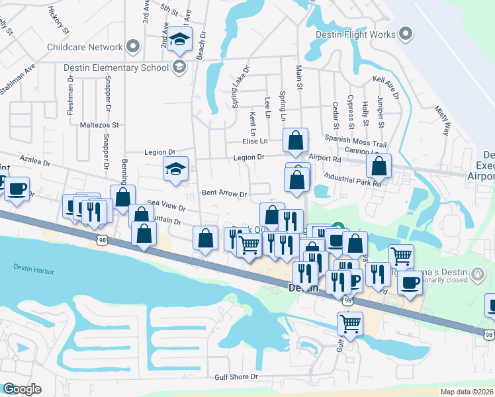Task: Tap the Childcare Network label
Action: tap(85, 47)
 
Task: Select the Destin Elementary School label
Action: tap(116, 67)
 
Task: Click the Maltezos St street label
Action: tap(99, 124)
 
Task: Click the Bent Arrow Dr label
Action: tap(224, 195)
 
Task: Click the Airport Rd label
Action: tap(324, 159)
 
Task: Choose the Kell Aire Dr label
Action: tap(386, 87)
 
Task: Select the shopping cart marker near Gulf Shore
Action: tap(350, 324)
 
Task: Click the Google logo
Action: tap(22, 389)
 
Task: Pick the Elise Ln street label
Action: tap(255, 141)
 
